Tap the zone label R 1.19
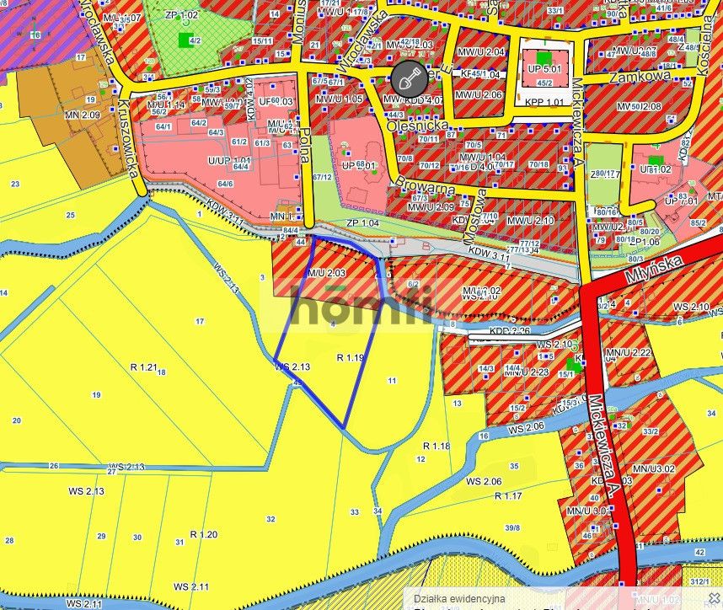(350, 358)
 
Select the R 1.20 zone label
(204, 534)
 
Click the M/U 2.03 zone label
(326, 273)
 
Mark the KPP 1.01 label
(544, 103)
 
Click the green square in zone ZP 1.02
(185, 39)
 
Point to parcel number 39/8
(511, 527)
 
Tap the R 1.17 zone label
(508, 496)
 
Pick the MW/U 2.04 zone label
(479, 52)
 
